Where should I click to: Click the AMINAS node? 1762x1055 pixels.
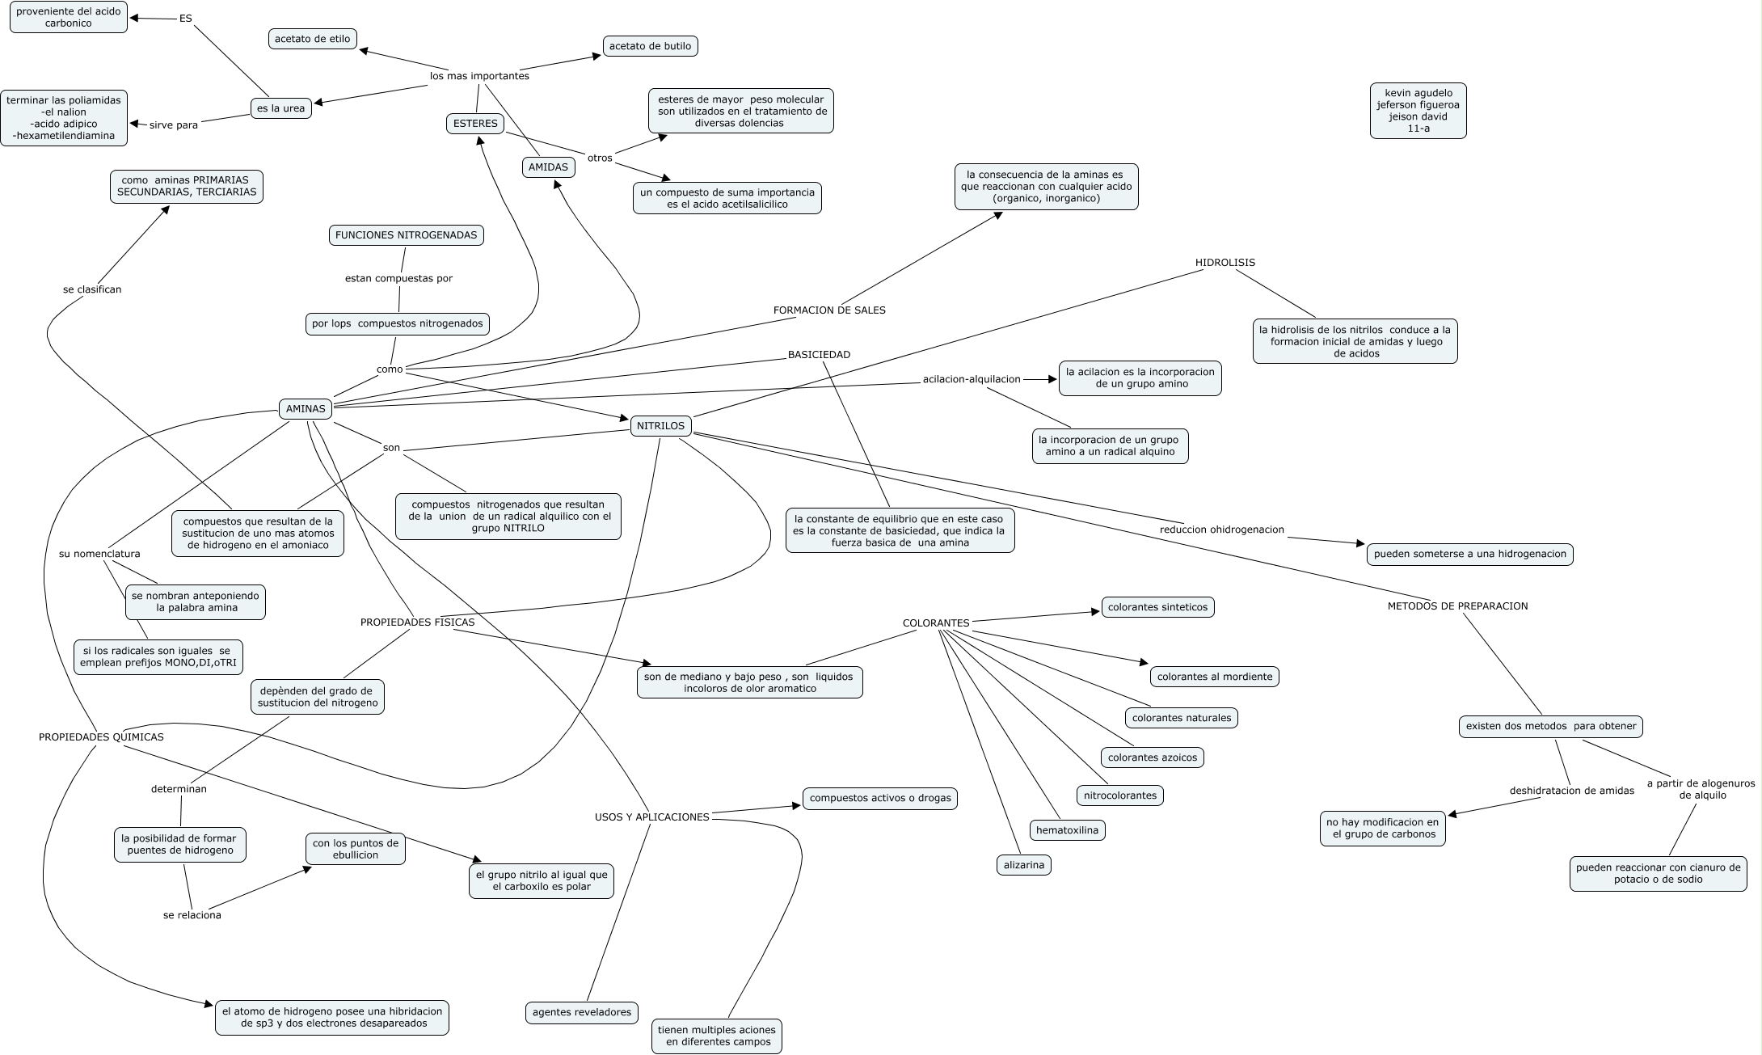pos(306,409)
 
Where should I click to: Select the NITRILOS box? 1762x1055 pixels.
pos(660,426)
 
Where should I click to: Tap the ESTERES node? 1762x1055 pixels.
pos(475,124)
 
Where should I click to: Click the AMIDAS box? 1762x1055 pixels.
pos(548,167)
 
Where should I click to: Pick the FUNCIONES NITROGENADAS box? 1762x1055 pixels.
pos(407,235)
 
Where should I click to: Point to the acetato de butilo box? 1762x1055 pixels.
pos(650,46)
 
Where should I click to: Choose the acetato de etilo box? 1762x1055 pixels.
pos(312,39)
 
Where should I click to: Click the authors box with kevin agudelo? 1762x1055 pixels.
pos(1418,111)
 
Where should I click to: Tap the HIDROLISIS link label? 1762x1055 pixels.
pos(1225,263)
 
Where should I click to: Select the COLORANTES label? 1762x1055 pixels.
pos(936,623)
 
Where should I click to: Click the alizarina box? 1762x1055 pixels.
pos(1023,865)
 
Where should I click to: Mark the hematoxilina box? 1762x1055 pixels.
pos(1067,829)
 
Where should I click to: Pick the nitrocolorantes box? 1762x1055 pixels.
pos(1119,795)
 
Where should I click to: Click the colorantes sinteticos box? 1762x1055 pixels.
pos(1157,607)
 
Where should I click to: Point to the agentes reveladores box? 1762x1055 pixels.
pos(582,1012)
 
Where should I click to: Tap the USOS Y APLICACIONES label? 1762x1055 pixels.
pos(651,817)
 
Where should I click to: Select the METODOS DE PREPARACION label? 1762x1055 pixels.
pos(1457,606)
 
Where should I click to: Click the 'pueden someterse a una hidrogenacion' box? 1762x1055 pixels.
pos(1469,555)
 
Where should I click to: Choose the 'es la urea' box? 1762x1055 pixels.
pos(280,108)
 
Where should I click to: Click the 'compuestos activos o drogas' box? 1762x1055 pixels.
pos(879,799)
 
